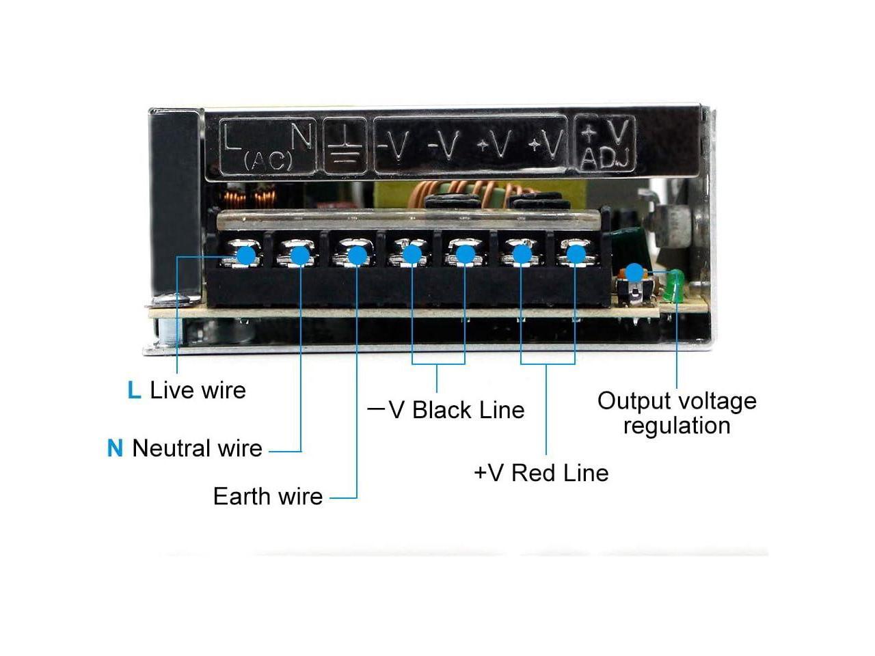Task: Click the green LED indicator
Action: (674, 286)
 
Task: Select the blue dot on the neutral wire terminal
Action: (299, 255)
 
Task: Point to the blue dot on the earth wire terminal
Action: (356, 255)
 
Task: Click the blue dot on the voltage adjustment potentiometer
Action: (635, 272)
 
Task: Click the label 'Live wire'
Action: (198, 390)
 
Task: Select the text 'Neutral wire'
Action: (197, 448)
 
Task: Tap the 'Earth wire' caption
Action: (267, 496)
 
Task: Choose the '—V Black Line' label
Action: (446, 410)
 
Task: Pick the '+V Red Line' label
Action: (541, 473)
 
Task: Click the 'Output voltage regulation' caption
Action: (677, 413)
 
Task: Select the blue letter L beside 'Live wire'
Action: (134, 390)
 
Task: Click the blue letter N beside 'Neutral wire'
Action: (115, 448)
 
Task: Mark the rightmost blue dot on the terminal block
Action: (576, 255)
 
